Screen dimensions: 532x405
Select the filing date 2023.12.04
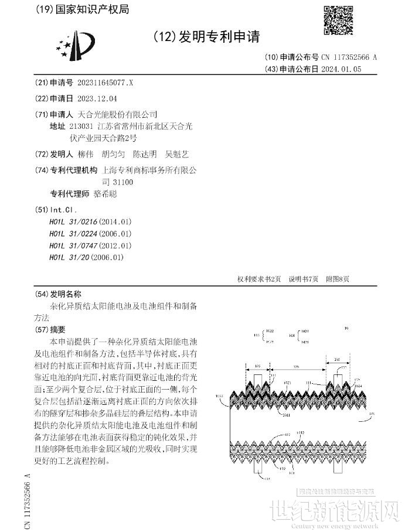[98, 98]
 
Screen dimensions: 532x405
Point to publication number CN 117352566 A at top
[349, 57]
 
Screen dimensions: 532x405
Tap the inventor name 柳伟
[86, 155]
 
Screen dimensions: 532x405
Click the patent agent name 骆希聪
[105, 194]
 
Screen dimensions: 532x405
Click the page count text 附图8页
[338, 278]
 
